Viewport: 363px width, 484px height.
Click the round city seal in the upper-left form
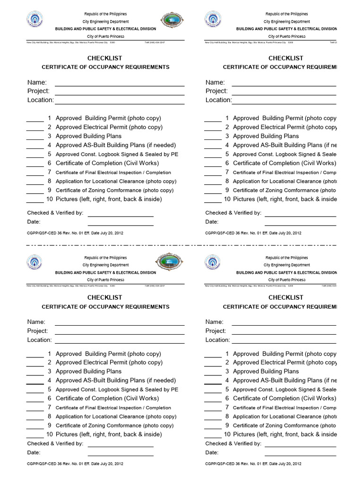34,20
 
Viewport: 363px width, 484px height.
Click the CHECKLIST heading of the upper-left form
104,58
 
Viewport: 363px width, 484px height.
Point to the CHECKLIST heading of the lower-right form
285,297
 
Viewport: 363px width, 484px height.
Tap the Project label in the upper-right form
216,91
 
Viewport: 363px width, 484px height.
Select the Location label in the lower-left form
39,340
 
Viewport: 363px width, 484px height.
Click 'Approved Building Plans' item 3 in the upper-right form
266,136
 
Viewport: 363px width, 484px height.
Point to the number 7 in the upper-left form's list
49,172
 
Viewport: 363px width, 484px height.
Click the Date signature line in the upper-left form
121,225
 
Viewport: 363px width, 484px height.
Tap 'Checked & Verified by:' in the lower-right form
233,443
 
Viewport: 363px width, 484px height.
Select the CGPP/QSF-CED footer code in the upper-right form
253,233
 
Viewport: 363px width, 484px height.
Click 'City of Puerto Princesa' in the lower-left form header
105,280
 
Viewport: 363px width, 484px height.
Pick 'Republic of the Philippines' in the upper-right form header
286,14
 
